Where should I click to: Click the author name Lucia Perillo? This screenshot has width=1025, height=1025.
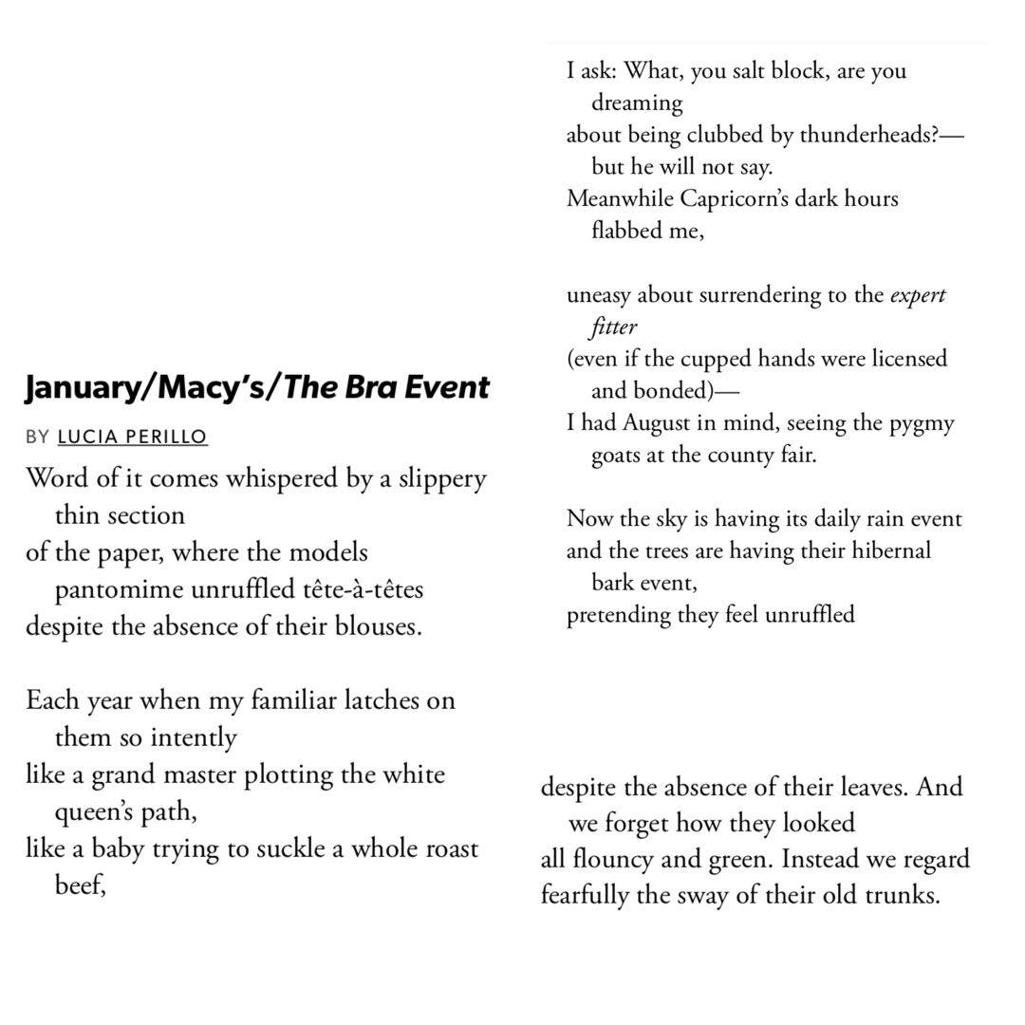(x=132, y=437)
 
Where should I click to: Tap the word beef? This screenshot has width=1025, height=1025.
(x=79, y=886)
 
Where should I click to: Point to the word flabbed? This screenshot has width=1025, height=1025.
(x=628, y=231)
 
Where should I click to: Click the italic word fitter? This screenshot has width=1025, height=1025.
(x=613, y=327)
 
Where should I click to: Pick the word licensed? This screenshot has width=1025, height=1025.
(x=909, y=359)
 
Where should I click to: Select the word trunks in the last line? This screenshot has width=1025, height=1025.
(x=901, y=895)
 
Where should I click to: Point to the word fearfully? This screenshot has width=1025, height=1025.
(x=585, y=895)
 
